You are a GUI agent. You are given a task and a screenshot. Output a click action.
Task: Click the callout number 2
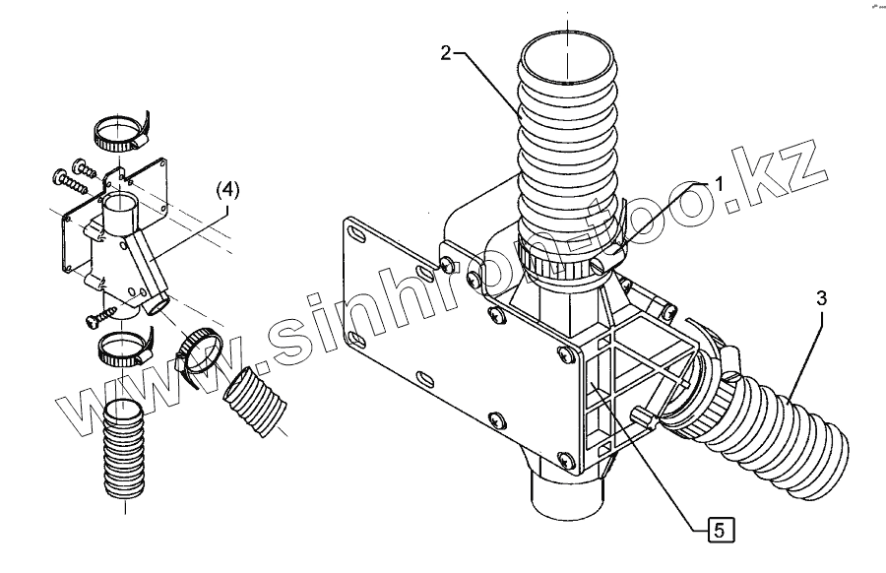tap(446, 53)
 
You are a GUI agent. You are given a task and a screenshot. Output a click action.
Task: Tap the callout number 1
tap(719, 183)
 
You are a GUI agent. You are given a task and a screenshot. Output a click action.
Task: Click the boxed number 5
tap(720, 530)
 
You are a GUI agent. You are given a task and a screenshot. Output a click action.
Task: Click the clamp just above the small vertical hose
tap(122, 346)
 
